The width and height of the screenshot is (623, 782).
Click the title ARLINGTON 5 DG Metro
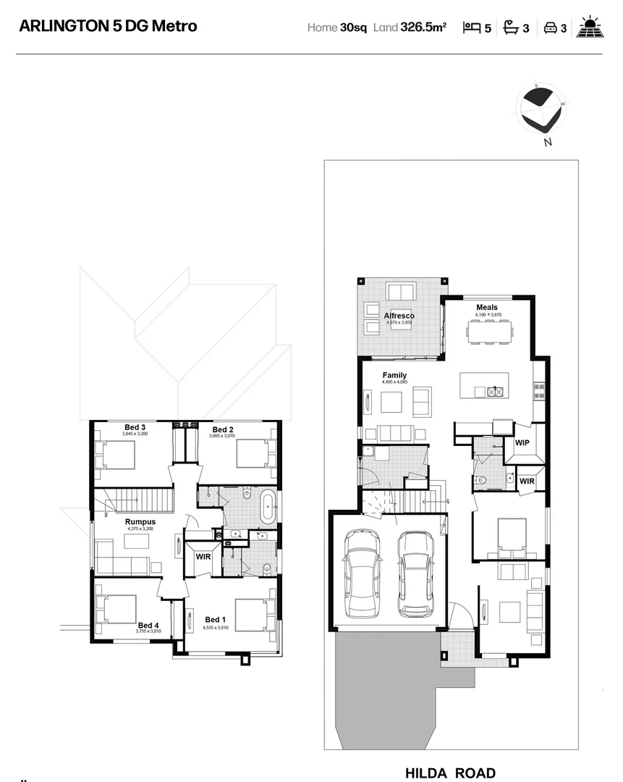coord(108,27)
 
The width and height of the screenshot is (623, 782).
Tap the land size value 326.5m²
coord(423,28)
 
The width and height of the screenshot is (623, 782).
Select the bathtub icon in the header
coord(512,28)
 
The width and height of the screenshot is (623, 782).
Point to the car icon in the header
coord(550,28)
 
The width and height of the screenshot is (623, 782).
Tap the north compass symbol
coord(542,111)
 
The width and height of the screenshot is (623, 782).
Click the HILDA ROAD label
coord(450,773)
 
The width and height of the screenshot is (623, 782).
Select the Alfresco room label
coord(399,316)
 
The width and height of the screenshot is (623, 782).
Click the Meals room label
coord(487,307)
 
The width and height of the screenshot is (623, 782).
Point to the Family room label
coord(394,375)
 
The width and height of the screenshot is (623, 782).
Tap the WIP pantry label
coord(523,442)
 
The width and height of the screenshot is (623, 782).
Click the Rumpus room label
coord(140,521)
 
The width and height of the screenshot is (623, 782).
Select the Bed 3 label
coord(135,427)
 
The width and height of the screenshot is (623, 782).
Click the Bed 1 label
coord(216,619)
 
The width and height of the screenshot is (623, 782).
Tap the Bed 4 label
coord(148,625)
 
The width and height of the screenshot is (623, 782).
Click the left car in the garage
coord(363,573)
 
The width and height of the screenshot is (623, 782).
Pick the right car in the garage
coord(415,573)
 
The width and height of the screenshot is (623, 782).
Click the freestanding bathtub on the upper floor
coord(267,507)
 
